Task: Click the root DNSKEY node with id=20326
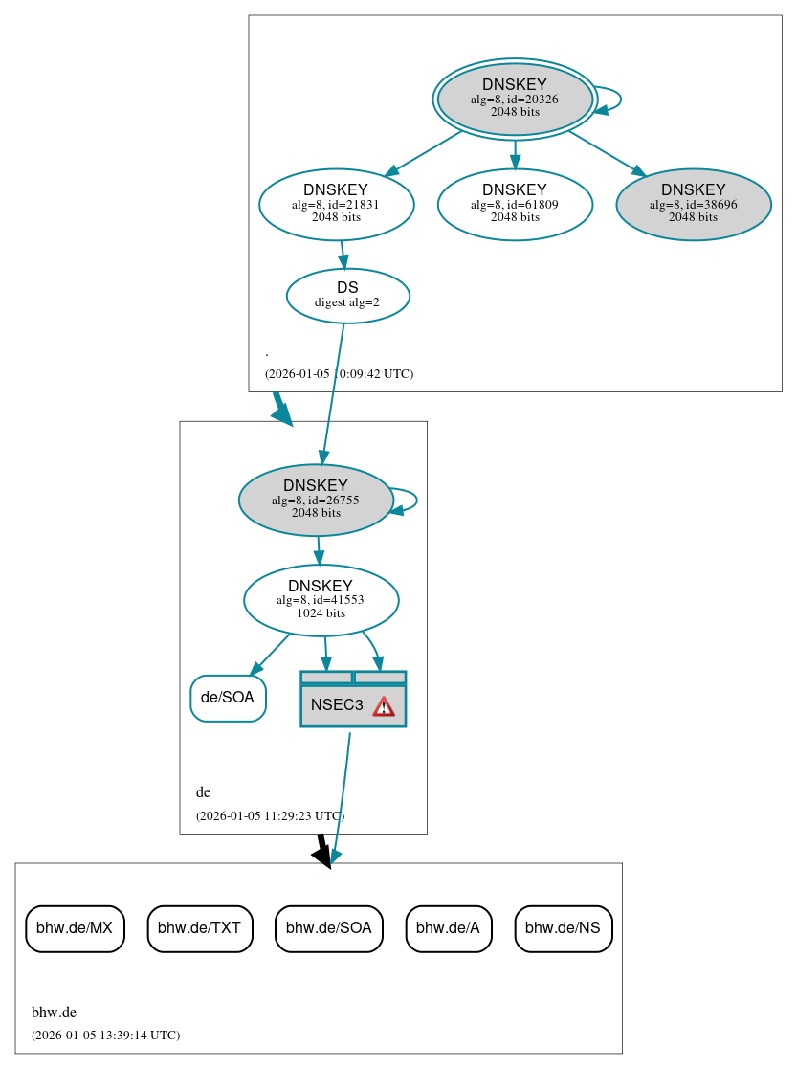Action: click(515, 99)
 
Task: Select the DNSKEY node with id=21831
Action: click(336, 204)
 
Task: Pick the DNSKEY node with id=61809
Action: click(515, 204)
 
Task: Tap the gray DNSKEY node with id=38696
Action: click(694, 204)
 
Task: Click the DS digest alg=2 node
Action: click(347, 296)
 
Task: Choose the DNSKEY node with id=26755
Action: click(316, 500)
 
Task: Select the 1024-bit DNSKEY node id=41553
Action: click(321, 600)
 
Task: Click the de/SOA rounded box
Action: click(228, 698)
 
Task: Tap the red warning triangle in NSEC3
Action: click(384, 706)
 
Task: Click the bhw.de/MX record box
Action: click(75, 927)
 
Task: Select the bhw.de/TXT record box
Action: click(200, 927)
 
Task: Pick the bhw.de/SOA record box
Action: click(329, 927)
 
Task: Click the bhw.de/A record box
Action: click(449, 927)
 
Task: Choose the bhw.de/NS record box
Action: click(563, 927)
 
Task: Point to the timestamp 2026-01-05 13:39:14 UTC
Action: click(105, 1036)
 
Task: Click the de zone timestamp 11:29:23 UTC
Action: click(270, 816)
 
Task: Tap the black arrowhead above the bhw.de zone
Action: click(323, 856)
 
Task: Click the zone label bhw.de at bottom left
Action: click(54, 1013)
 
